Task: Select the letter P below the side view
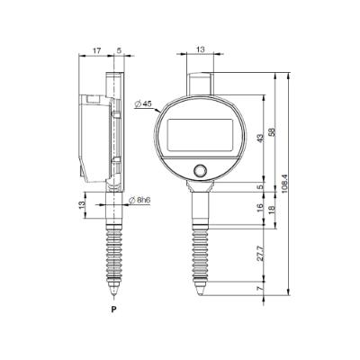click(113, 310)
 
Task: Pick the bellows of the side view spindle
click(114, 247)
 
